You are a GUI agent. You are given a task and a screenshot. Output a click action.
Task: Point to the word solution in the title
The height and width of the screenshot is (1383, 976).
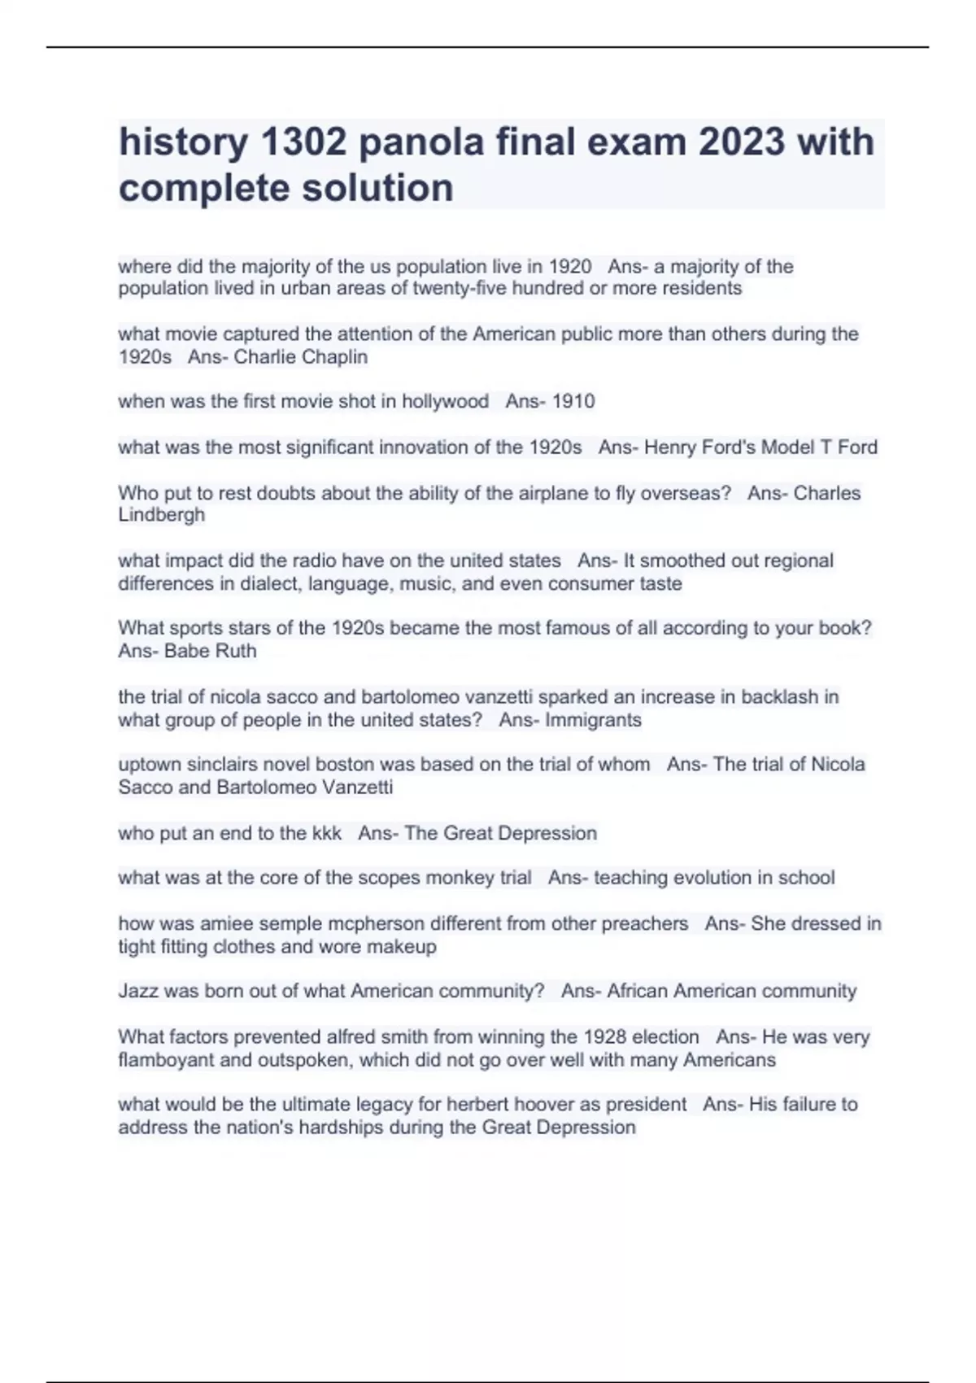click(378, 188)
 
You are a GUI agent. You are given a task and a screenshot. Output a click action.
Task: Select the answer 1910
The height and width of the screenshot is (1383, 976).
click(573, 402)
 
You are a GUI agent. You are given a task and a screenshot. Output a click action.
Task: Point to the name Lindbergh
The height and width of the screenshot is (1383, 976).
click(161, 515)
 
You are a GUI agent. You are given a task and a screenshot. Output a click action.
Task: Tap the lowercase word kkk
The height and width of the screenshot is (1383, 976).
click(326, 834)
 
